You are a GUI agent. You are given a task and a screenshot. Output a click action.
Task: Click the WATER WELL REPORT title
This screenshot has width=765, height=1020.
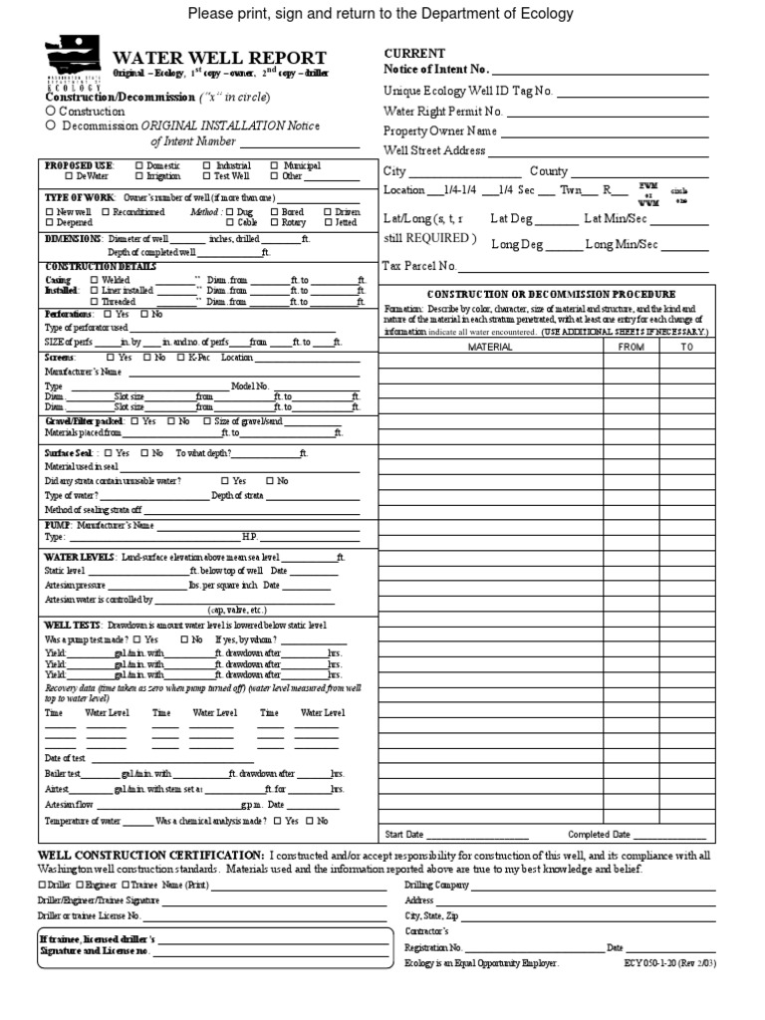click(x=219, y=59)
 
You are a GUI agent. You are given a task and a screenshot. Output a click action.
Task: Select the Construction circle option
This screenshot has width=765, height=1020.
click(x=51, y=112)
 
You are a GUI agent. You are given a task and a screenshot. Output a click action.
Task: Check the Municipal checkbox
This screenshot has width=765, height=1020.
click(x=274, y=165)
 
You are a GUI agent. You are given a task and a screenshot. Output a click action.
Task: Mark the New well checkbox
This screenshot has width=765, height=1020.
click(x=50, y=212)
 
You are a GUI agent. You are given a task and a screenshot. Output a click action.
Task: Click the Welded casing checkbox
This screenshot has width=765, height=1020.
click(x=94, y=281)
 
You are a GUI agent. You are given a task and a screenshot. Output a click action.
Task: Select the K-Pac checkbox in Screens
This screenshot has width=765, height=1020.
click(x=179, y=357)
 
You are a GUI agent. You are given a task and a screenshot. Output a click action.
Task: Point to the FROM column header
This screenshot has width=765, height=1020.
click(x=631, y=347)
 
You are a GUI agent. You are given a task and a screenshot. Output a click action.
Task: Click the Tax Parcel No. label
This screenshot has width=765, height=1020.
click(x=419, y=266)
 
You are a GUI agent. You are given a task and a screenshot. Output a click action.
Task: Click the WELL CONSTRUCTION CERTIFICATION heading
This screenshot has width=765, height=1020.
click(x=150, y=856)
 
